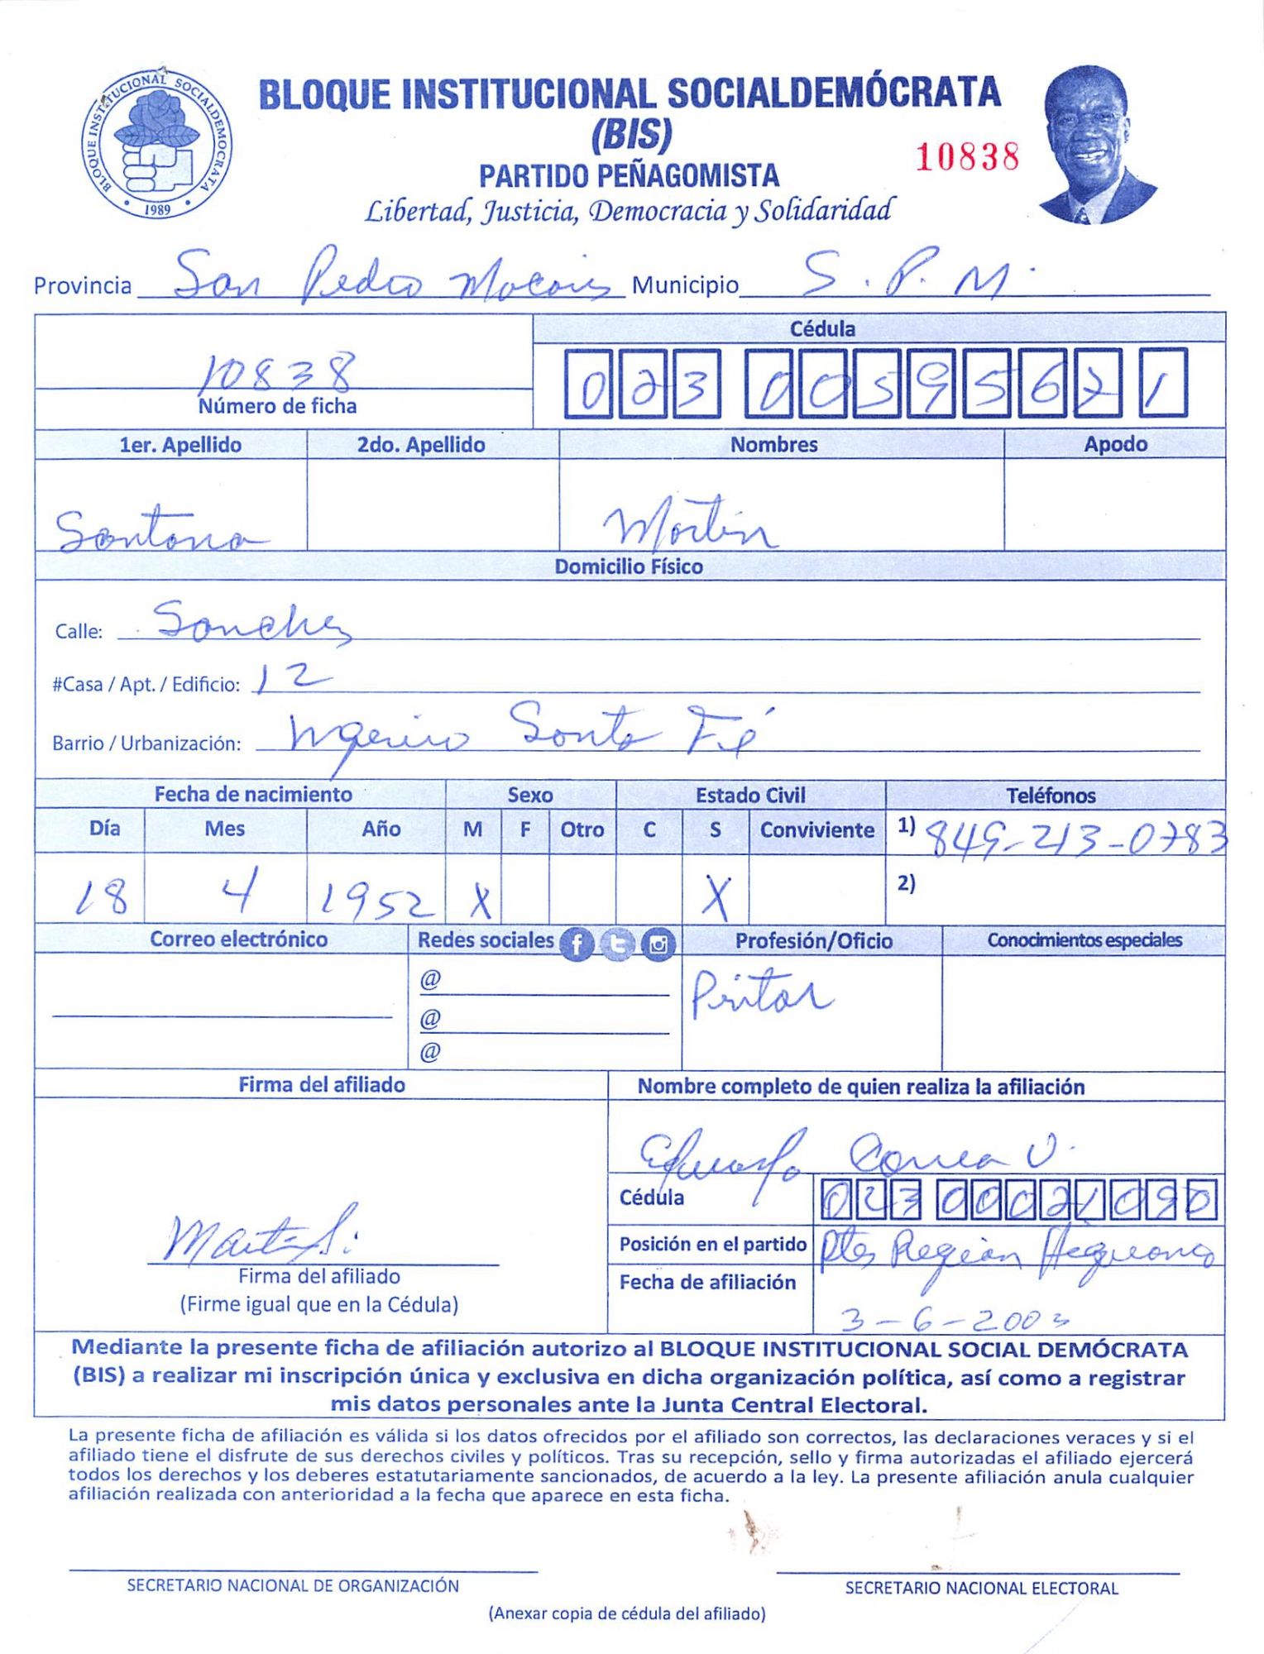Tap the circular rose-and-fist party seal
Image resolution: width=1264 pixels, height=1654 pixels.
click(x=157, y=144)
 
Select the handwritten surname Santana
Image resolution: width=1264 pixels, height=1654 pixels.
click(x=162, y=532)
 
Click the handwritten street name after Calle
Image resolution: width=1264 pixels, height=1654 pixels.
click(x=252, y=622)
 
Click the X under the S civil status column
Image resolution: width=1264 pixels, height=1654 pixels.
click(x=716, y=896)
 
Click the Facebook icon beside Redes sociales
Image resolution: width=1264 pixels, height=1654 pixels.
click(x=577, y=944)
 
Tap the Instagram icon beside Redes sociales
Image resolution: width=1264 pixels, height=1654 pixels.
click(x=658, y=944)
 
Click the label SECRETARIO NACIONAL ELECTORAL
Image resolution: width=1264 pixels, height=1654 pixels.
click(x=981, y=1589)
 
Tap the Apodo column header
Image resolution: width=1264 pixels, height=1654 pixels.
click(x=1115, y=444)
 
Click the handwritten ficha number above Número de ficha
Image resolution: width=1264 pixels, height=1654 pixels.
click(x=277, y=372)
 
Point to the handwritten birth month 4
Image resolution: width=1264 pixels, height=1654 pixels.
click(x=241, y=891)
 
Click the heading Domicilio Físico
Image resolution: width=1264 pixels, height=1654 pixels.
click(x=629, y=566)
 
